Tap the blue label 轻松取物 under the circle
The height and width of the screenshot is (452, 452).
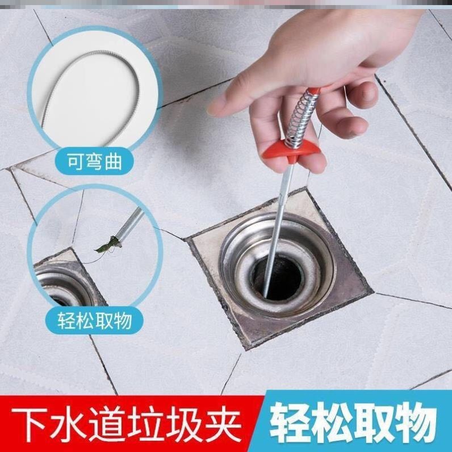tap(95, 320)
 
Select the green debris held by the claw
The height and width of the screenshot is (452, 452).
tap(108, 245)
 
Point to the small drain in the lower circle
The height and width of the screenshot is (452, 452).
tap(65, 284)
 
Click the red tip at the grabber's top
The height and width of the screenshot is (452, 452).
tap(316, 90)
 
